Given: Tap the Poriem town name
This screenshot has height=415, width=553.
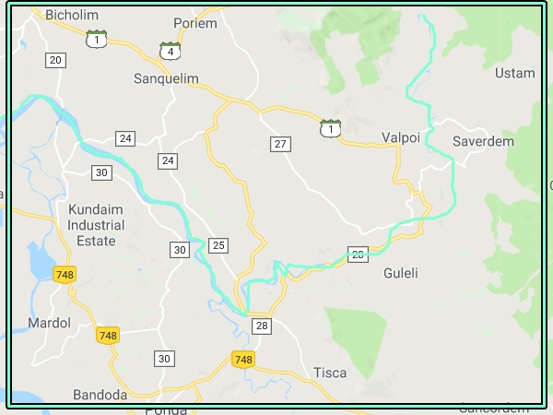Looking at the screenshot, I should [x=195, y=23].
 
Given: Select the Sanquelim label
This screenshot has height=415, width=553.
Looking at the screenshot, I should [x=166, y=78].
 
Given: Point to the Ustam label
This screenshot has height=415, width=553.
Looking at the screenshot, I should [x=514, y=73].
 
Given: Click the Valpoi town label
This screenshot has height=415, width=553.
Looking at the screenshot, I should [x=401, y=137].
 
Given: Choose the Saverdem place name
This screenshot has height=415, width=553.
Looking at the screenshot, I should [x=483, y=141].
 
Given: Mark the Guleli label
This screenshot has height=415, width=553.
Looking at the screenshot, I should [x=401, y=273].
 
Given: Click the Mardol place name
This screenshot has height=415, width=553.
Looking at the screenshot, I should [x=49, y=324].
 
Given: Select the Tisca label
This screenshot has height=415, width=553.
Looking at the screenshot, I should [x=330, y=373].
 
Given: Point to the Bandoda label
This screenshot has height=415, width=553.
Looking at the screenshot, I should [x=100, y=395].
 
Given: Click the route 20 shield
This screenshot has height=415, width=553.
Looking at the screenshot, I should [x=55, y=60].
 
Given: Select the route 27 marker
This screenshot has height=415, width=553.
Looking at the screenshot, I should [x=280, y=144].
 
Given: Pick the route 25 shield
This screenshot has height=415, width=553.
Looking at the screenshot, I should [x=218, y=244].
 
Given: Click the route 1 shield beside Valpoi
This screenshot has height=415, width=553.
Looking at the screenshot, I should [x=329, y=127].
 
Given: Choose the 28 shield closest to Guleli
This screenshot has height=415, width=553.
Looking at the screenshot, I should [x=358, y=255].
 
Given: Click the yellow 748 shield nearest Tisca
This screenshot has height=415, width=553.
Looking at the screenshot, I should [x=243, y=360].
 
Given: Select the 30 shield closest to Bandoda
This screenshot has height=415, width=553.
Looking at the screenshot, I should [x=164, y=359].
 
